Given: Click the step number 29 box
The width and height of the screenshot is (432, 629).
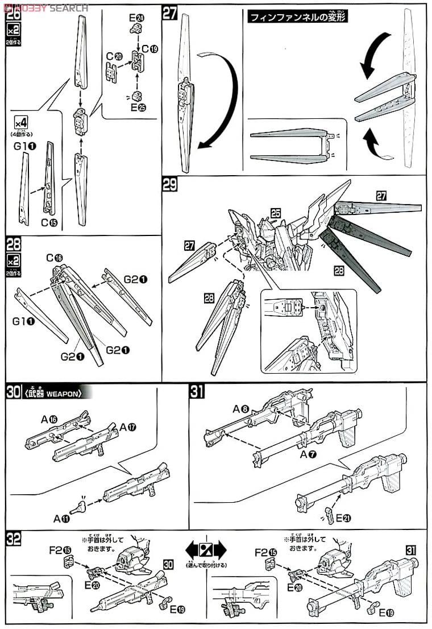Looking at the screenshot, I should pos(169,184).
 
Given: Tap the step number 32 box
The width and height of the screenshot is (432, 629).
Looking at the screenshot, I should pos(14,538).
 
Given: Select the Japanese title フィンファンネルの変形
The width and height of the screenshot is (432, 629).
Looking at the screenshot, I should pos(297,16).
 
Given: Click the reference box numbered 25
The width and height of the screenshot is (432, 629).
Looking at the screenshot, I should pos(275,213).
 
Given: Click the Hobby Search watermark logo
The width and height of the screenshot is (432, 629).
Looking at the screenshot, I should pos(45,8).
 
